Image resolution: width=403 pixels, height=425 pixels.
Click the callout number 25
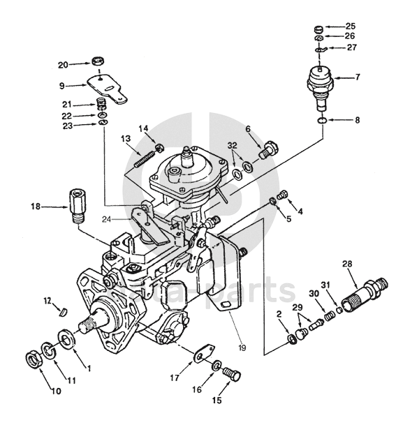coord(350,27)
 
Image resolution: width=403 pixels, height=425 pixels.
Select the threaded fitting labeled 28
coord(364,297)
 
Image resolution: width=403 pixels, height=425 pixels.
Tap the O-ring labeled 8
coord(321,120)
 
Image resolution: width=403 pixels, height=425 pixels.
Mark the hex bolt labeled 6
coord(269,150)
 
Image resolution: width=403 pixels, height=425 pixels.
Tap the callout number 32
coord(232,146)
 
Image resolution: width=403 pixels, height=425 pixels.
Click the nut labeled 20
coord(98,61)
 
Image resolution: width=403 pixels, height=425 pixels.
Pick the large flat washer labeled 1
coord(66,338)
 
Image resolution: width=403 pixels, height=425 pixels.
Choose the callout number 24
coord(107,219)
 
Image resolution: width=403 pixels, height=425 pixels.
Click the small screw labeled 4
coord(282,195)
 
